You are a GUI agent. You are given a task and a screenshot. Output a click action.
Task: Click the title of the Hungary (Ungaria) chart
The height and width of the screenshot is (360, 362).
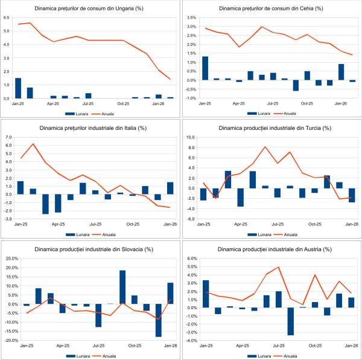[90, 8]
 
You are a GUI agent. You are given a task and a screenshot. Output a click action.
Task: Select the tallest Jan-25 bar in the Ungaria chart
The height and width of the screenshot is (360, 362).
[17, 88]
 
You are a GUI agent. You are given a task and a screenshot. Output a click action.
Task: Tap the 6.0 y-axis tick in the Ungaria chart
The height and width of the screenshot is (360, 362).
[7, 18]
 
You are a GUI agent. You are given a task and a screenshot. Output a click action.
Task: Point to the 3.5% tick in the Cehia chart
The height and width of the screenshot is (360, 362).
[192, 18]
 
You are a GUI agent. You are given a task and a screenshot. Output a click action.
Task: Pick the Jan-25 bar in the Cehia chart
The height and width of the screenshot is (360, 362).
[205, 68]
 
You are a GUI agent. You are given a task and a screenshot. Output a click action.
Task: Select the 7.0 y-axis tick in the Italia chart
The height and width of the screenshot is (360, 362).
[8, 138]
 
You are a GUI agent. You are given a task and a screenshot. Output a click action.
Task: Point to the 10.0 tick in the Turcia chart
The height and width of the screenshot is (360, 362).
[190, 138]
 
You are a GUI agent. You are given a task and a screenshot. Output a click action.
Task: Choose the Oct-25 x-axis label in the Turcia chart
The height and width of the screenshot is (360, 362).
[315, 223]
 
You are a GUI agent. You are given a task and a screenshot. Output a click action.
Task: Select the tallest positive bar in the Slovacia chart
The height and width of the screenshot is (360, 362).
[122, 287]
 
